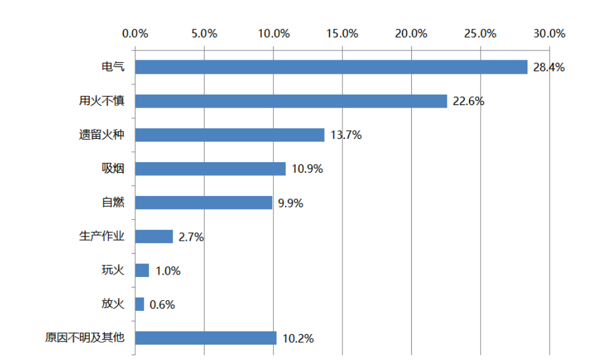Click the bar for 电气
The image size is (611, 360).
click(x=331, y=67)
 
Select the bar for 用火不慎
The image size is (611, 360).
click(x=291, y=101)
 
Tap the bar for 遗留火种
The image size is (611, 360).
click(x=229, y=135)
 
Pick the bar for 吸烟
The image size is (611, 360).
click(x=210, y=168)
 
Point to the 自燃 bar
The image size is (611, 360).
click(x=203, y=202)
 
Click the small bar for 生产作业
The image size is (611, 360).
click(x=154, y=237)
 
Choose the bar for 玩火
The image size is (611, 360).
click(x=142, y=270)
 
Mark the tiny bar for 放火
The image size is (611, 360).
click(x=140, y=304)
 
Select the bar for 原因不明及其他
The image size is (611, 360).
click(x=205, y=338)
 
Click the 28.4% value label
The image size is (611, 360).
click(x=548, y=68)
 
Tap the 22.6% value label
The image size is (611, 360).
click(x=468, y=101)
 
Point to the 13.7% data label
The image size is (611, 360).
click(x=345, y=135)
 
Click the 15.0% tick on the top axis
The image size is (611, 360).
click(x=342, y=34)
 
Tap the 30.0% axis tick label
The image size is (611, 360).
click(x=549, y=34)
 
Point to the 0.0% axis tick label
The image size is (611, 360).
click(x=135, y=34)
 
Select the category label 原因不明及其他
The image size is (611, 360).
click(x=85, y=337)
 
